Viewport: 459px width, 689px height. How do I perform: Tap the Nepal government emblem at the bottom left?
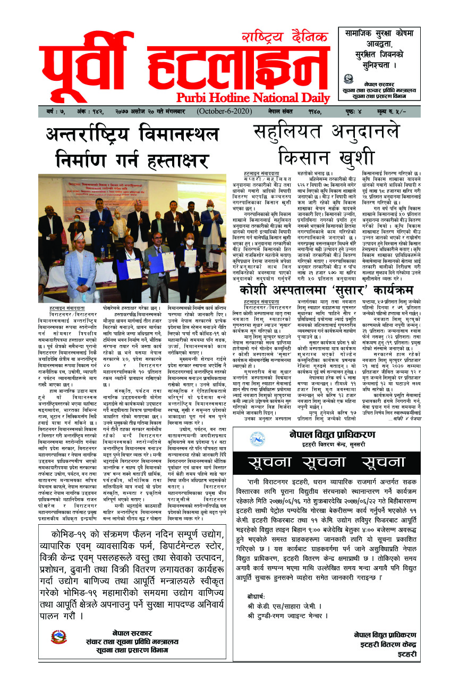click(x=58, y=636)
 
